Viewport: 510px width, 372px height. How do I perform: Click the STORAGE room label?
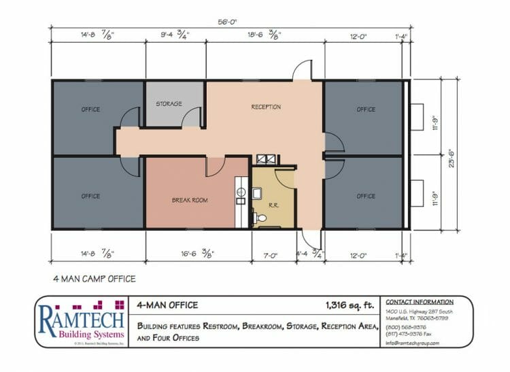169,104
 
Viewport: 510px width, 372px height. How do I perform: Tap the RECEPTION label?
266,107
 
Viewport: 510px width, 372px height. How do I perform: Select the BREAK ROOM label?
190,200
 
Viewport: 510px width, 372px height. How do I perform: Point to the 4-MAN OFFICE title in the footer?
167,305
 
